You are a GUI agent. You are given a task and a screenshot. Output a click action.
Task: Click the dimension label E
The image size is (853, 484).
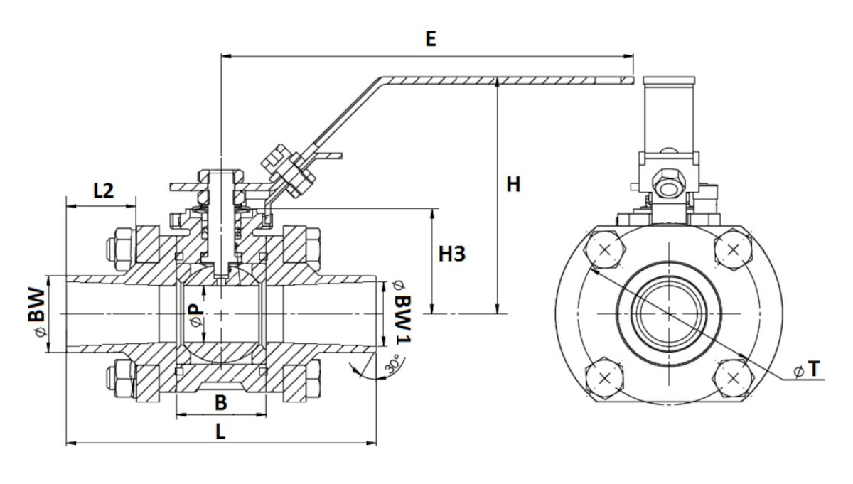(x=430, y=39)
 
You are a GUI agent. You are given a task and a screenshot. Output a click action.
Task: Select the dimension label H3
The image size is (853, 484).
(x=451, y=253)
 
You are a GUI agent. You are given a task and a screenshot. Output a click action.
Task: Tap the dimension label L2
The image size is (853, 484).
(x=104, y=190)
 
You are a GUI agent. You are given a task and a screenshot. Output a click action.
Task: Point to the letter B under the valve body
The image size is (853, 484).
(x=221, y=403)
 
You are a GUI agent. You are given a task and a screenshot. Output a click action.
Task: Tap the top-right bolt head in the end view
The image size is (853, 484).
(x=733, y=251)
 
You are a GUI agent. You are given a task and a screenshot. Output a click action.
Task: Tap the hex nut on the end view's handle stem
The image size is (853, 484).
(x=667, y=182)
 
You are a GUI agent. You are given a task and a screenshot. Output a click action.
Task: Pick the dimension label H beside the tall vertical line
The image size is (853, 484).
(x=513, y=185)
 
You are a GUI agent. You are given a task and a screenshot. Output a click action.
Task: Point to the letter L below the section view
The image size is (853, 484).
(x=221, y=431)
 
